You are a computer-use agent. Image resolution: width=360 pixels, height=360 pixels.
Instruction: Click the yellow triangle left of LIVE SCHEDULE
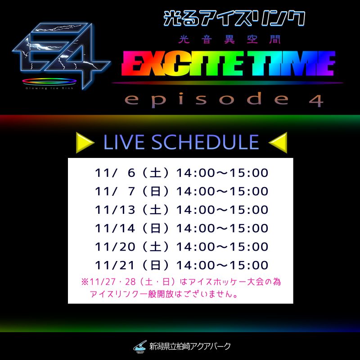[84, 143]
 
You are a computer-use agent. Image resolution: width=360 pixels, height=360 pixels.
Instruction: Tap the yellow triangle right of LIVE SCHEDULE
[279, 143]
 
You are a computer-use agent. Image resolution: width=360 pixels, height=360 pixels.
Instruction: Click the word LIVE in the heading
[124, 142]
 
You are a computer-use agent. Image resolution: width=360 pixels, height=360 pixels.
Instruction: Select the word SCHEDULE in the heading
[205, 142]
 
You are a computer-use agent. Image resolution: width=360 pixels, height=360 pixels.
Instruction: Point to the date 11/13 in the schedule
[115, 210]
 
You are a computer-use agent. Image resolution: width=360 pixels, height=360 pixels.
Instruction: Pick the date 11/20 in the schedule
[115, 247]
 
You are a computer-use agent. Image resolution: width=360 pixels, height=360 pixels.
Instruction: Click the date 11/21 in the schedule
[115, 265]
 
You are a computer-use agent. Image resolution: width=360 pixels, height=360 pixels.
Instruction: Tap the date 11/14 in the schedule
[115, 228]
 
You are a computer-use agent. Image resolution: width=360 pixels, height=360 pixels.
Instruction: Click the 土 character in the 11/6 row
[155, 173]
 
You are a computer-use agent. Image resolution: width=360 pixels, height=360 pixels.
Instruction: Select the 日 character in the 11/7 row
[155, 191]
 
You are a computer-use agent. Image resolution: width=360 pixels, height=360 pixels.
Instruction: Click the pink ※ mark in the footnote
[85, 282]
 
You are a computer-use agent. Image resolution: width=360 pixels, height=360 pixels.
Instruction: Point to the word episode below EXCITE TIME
[207, 99]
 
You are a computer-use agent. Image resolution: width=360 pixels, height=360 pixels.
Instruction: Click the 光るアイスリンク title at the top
[234, 18]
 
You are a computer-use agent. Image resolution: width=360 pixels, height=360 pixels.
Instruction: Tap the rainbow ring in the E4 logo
[49, 81]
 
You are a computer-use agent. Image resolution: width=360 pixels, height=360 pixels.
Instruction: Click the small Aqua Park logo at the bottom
[140, 346]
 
